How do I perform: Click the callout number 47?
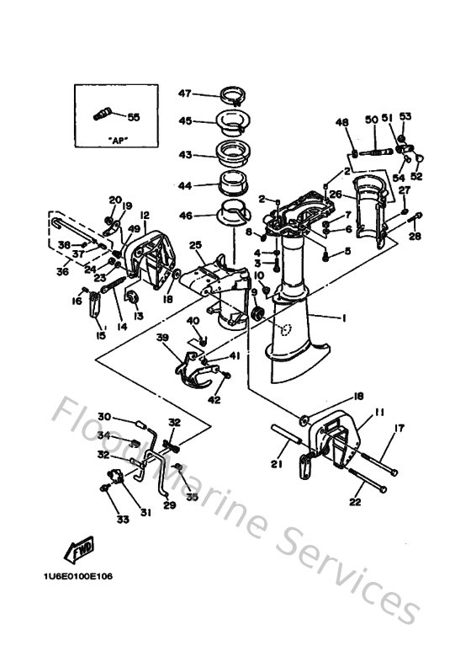click(185, 93)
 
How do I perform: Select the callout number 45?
click(185, 120)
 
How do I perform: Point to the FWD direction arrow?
click(80, 548)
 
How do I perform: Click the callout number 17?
click(399, 429)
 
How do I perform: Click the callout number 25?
click(196, 246)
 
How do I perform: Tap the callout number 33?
click(123, 520)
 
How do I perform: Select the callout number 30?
click(104, 416)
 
